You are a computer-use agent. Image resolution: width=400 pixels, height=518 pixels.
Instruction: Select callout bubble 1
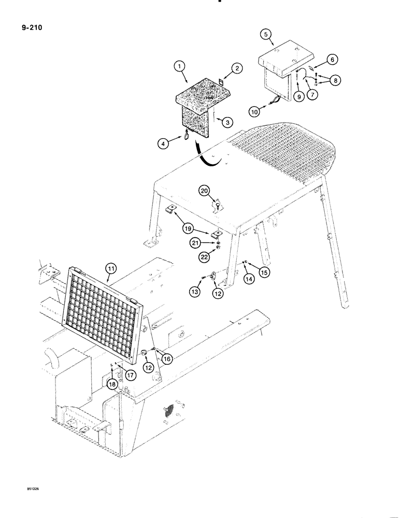click(179, 66)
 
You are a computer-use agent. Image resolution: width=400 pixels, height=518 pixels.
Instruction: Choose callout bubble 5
click(265, 35)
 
